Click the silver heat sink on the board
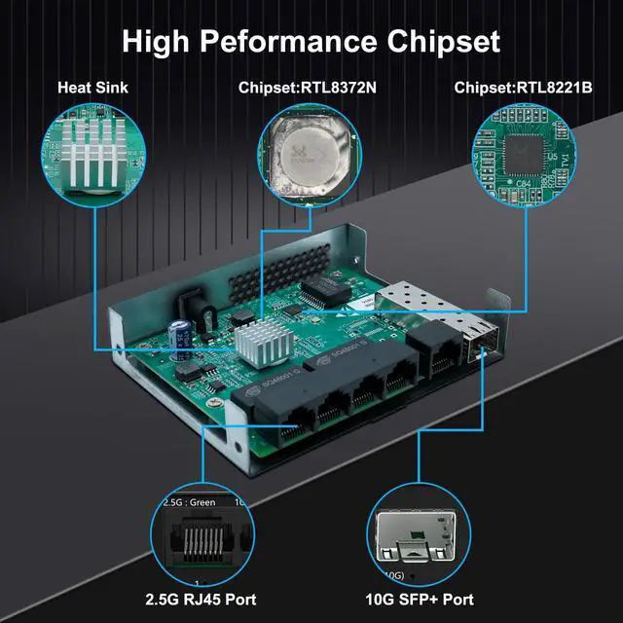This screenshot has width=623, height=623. point(259,343)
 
